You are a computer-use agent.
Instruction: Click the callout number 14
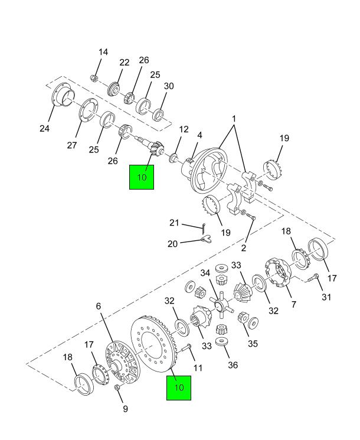point(103,52)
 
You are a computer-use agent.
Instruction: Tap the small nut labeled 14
point(94,78)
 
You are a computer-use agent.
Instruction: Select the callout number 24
point(45,129)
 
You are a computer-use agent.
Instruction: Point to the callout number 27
point(72,145)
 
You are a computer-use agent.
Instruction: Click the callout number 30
point(169,86)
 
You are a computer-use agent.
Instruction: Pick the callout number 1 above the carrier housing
point(234,119)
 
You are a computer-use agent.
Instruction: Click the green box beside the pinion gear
point(142,177)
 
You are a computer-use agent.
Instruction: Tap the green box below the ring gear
point(179,388)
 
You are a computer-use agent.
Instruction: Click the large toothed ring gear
point(153,344)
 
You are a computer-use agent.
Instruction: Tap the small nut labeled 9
point(118,387)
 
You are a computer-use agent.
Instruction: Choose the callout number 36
point(233,365)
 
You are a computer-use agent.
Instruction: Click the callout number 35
point(253,344)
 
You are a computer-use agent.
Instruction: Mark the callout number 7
point(293,304)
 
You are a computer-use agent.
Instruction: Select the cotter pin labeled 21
point(204,228)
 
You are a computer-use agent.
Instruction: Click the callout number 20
point(173,244)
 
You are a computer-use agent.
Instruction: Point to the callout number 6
point(99,306)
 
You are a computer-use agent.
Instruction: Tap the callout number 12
point(184,129)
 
